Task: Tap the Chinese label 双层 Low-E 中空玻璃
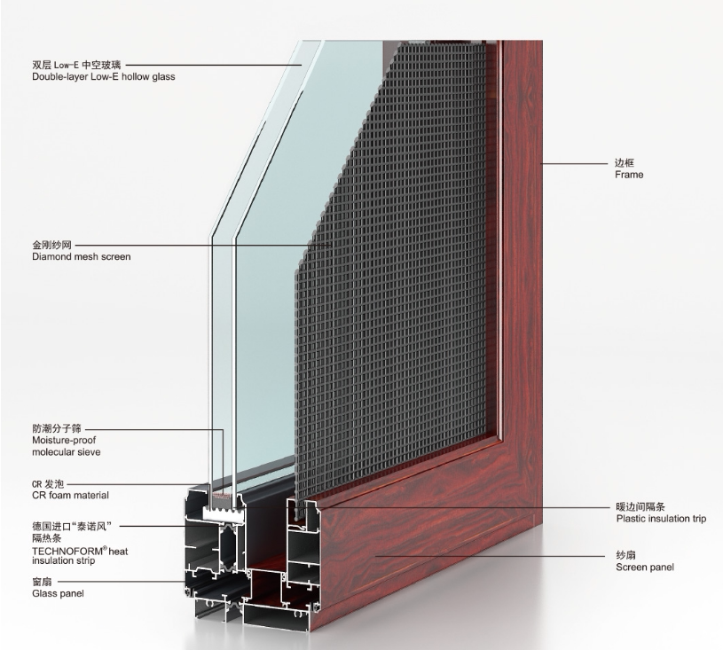click(x=79, y=65)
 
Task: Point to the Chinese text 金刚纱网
click(x=50, y=244)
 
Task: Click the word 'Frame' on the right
click(x=629, y=175)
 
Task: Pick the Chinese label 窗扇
click(x=43, y=582)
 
